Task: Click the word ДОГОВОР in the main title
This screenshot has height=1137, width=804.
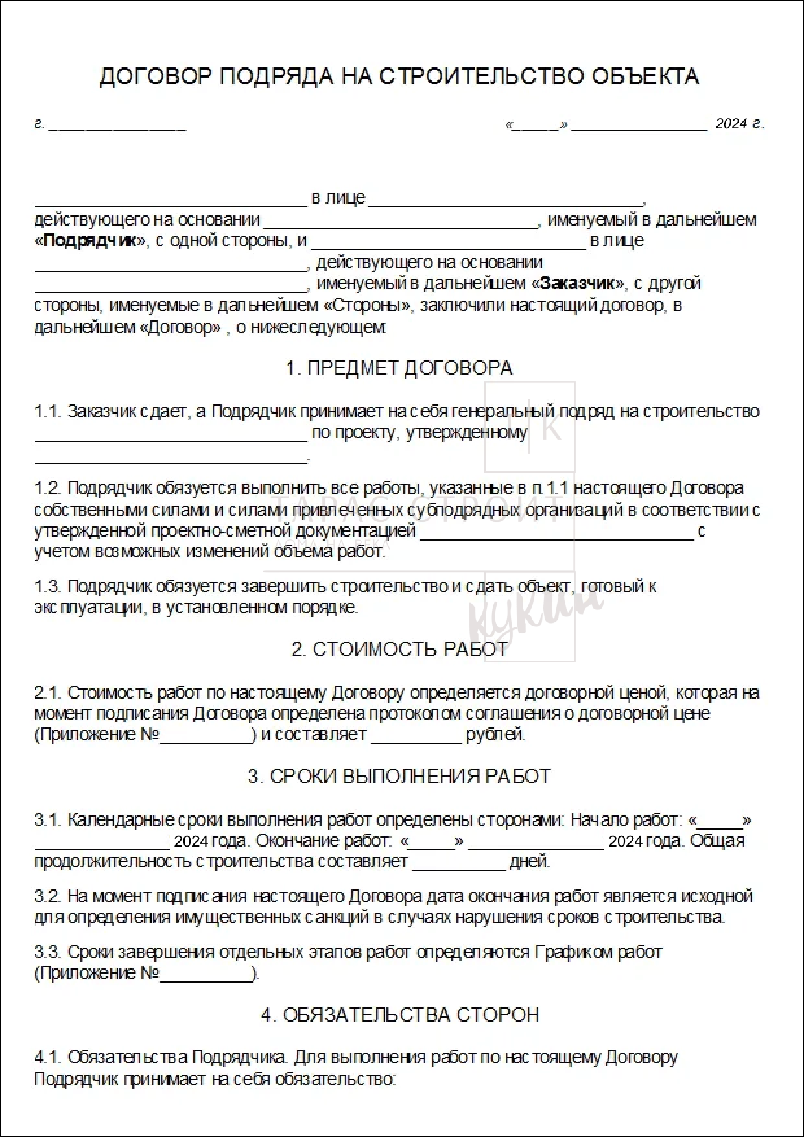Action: click(156, 76)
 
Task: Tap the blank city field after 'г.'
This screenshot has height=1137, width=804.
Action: click(117, 125)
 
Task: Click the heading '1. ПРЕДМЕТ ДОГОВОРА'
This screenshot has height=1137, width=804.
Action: click(399, 368)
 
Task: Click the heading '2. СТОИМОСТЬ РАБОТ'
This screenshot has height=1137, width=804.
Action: click(399, 649)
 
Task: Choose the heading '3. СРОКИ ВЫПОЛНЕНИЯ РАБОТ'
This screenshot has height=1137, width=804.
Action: click(399, 776)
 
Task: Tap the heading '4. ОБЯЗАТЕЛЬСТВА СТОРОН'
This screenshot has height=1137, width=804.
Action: click(399, 1014)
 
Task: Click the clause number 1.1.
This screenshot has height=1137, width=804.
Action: click(48, 412)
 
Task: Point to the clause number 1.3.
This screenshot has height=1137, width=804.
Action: click(48, 586)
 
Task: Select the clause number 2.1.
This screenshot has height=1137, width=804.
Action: click(48, 692)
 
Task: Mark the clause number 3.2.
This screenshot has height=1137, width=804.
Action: click(48, 896)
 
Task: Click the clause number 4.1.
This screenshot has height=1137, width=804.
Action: click(48, 1057)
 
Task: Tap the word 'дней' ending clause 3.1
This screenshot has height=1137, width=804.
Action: click(530, 862)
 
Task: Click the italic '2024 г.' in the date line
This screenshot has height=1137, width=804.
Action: click(740, 124)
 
